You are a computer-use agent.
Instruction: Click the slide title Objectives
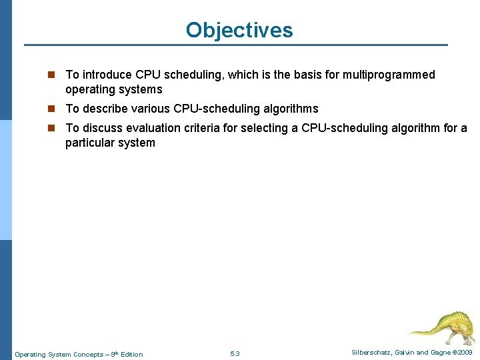239,30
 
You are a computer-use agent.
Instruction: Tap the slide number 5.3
235,354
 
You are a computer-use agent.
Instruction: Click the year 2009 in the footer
464,352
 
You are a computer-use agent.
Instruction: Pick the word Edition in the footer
131,354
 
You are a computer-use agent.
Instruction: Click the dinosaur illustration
441,327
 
